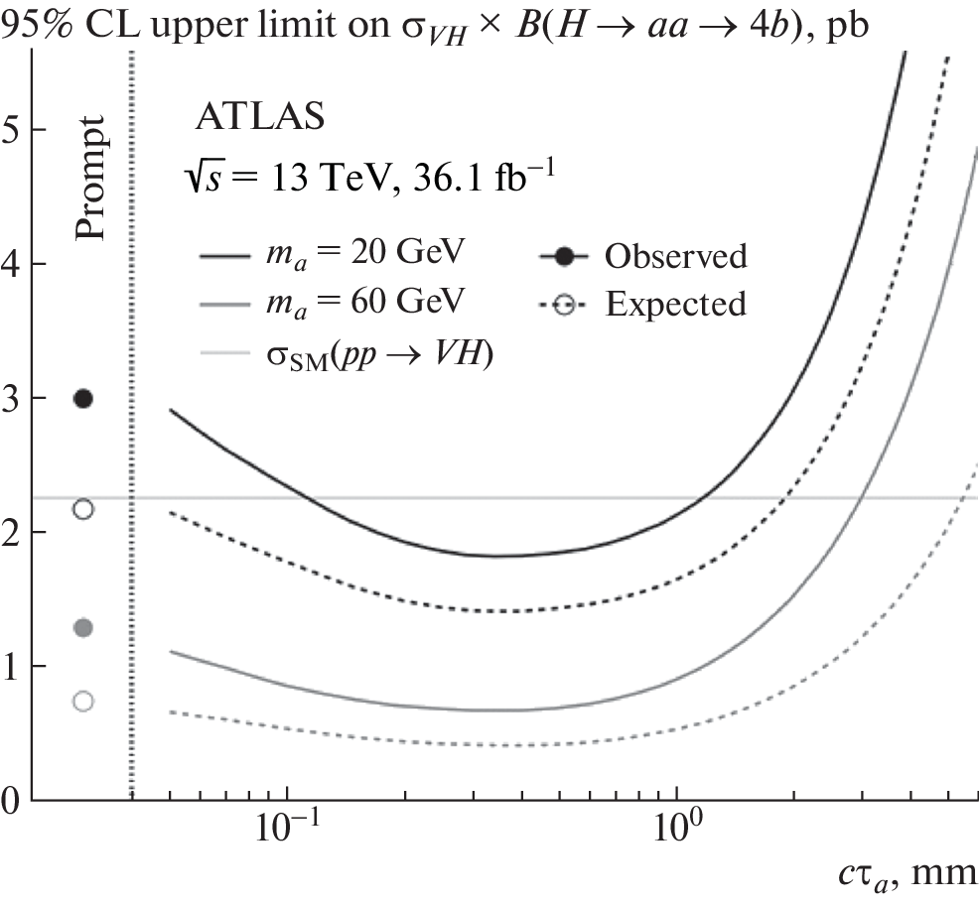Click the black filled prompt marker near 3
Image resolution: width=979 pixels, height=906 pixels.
83,398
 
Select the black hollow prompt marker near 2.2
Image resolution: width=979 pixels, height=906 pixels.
83,509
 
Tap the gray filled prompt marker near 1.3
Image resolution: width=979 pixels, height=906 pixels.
83,627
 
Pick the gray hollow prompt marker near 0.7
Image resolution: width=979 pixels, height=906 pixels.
83,702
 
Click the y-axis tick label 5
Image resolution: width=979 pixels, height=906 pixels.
11,130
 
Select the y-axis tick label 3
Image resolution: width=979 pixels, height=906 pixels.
11,398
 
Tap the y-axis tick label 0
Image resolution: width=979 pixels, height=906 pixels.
11,800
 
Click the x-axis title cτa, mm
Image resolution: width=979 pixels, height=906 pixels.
906,875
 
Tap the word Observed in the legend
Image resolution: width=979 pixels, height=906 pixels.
676,256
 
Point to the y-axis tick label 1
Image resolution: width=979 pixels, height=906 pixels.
11,666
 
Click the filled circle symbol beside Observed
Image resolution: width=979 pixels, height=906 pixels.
564,256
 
